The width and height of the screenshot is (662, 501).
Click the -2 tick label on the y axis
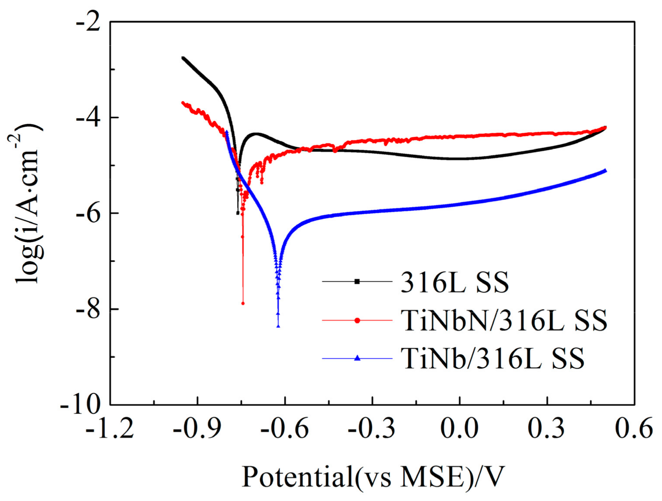coord(88,22)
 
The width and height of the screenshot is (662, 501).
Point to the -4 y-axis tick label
coord(88,118)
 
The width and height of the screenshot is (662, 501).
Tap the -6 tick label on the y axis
coord(88,213)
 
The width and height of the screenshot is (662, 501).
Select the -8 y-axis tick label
coord(88,309)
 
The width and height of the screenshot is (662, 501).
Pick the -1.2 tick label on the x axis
coord(110,429)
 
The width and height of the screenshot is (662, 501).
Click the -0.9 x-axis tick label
coord(197,429)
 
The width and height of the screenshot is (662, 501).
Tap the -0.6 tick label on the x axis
coord(284,429)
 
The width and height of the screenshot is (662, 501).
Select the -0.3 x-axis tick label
coord(372,429)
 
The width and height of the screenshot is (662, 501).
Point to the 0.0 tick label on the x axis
coord(459,429)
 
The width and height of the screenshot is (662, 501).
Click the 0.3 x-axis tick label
coord(547,429)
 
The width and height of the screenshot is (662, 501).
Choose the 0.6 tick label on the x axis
coord(634,429)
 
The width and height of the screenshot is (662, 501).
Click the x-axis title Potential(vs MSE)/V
coord(373,477)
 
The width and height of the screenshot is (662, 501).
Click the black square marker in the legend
coord(357,282)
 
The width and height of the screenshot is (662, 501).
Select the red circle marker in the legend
coord(357,320)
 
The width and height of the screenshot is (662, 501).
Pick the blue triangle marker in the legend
coord(357,358)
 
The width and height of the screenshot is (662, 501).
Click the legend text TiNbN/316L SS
coord(504,321)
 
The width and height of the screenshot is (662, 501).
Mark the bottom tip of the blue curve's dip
coord(278,326)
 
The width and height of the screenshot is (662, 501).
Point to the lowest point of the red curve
coord(243,303)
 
